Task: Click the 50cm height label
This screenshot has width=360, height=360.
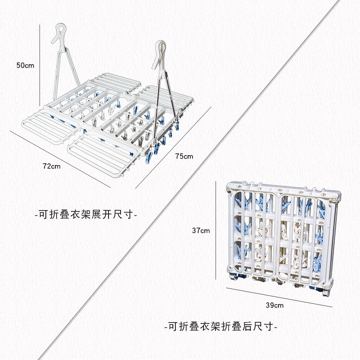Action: coord(25,65)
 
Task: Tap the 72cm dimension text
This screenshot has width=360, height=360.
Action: coord(51,166)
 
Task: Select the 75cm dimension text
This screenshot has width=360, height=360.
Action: coord(184,157)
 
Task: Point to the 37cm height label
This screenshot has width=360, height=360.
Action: coord(201,231)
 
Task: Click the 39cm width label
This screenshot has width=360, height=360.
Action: coord(274,305)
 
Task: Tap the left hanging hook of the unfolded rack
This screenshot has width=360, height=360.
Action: coord(59,34)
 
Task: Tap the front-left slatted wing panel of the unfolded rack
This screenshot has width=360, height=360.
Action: coord(47,126)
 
